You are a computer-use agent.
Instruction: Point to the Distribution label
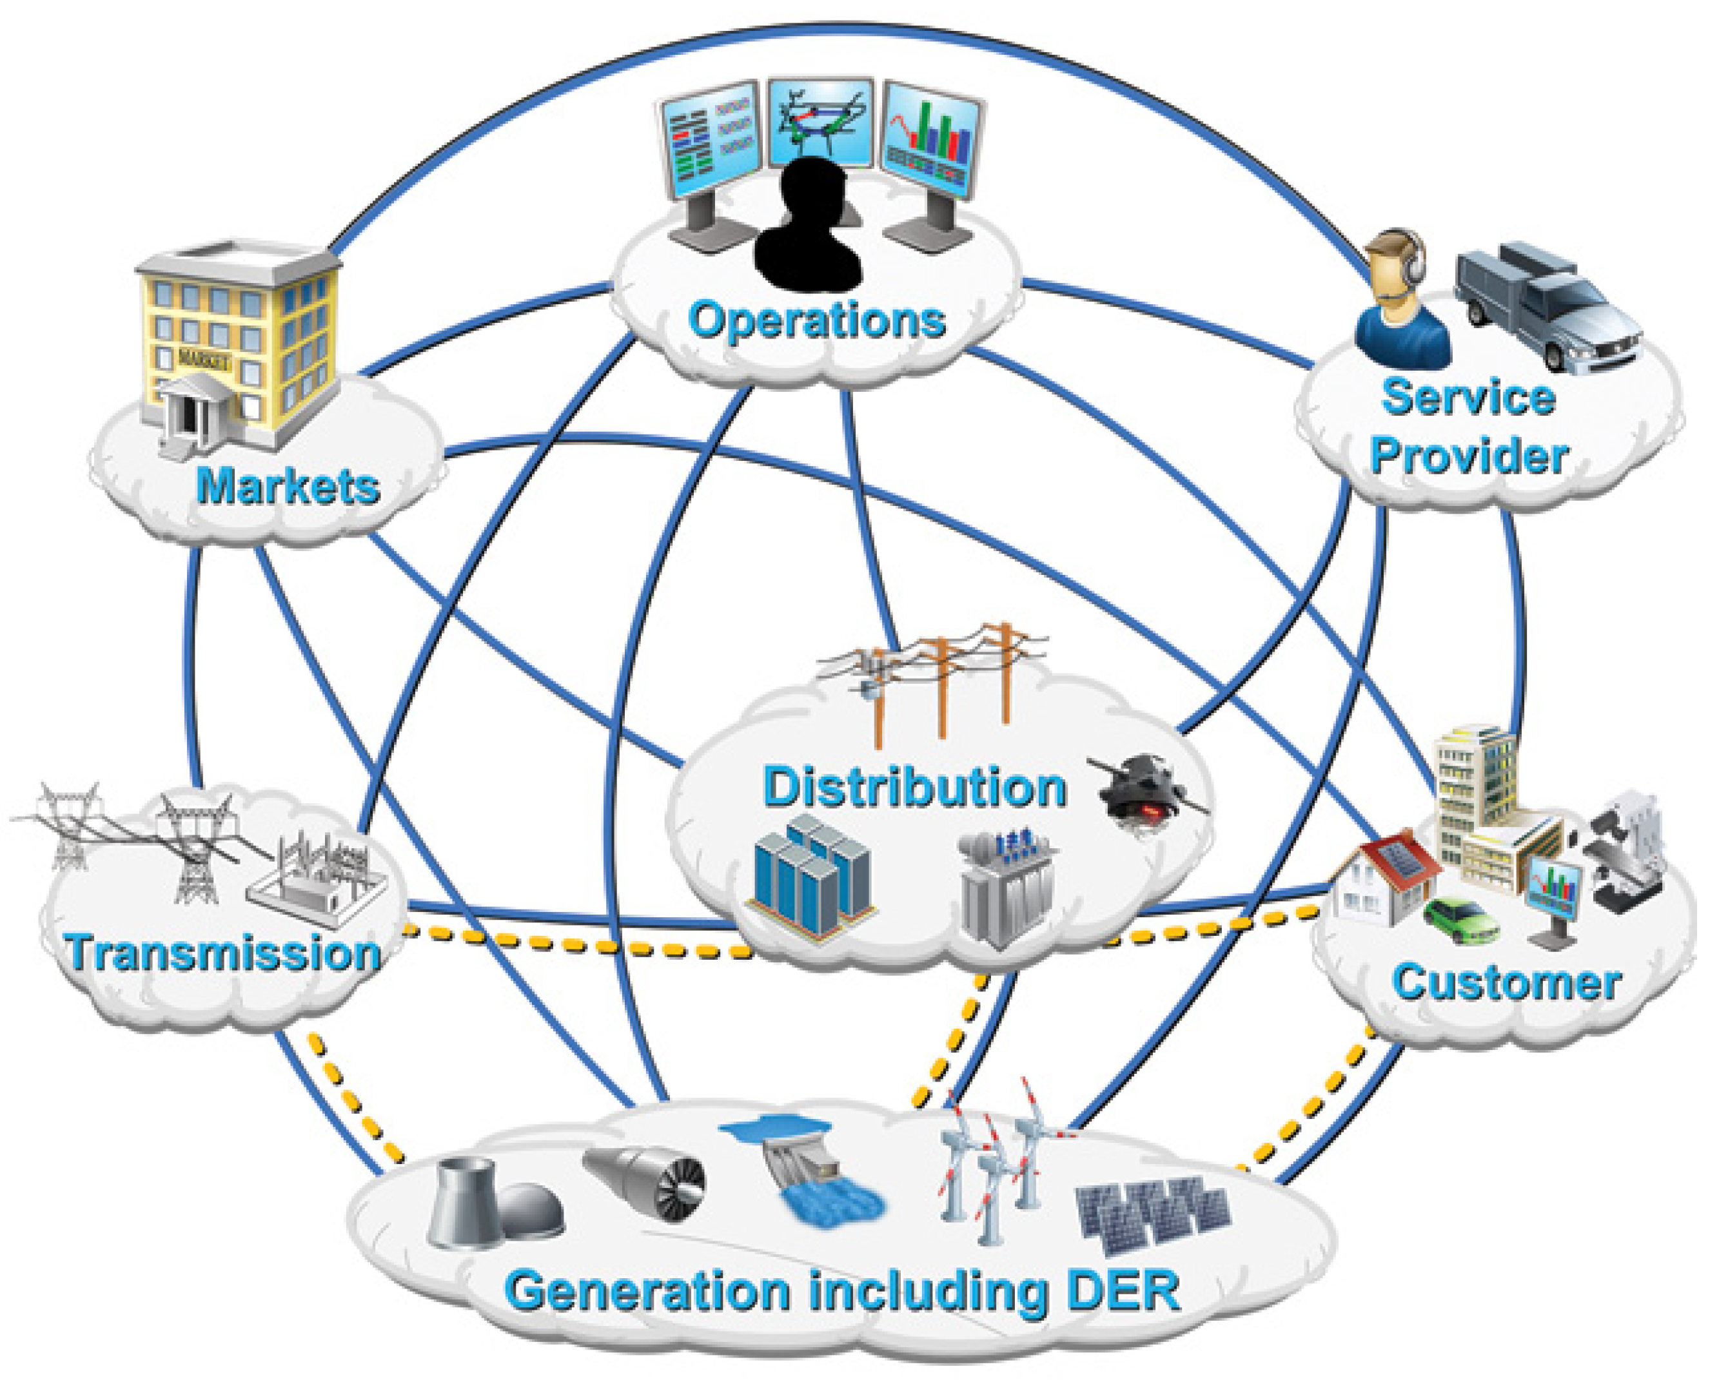[x=914, y=787]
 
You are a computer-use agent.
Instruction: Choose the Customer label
[x=1506, y=982]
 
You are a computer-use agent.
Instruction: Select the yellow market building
[x=239, y=343]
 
